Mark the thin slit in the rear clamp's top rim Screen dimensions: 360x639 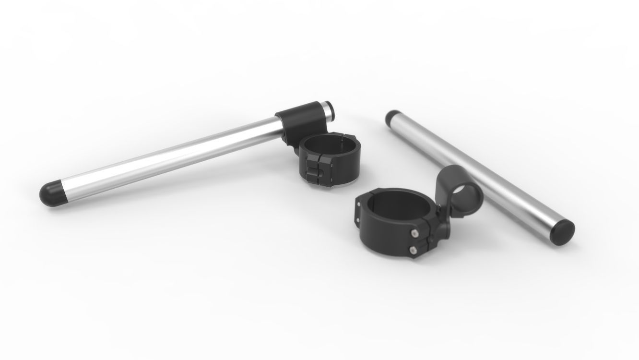click(x=341, y=142)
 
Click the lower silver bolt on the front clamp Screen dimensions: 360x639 click(x=413, y=249)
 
